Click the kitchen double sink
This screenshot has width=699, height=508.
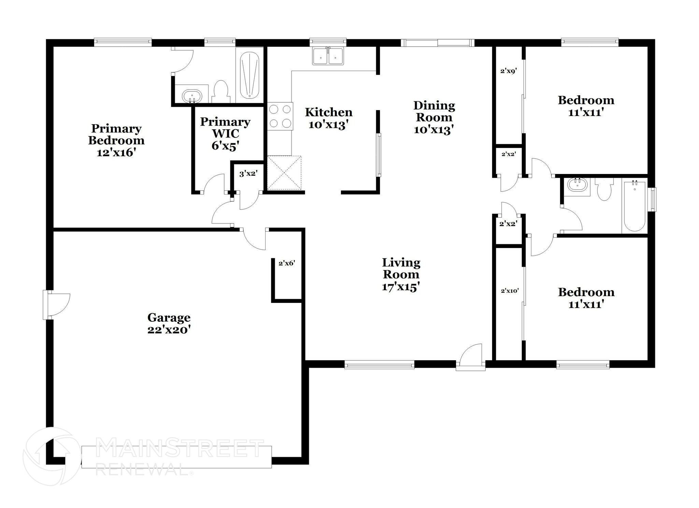pos(328,56)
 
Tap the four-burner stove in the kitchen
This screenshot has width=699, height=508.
pos(280,116)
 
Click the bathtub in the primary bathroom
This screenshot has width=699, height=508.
pos(249,75)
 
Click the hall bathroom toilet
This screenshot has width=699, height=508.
pos(604,190)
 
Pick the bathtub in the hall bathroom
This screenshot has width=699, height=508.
pos(634,206)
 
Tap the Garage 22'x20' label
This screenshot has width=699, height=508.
pos(169,324)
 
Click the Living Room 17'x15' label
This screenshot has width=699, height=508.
pos(401,275)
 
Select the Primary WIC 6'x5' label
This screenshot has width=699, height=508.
pos(225,133)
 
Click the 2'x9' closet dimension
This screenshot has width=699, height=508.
pos(509,71)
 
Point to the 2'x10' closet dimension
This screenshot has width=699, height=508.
pos(510,291)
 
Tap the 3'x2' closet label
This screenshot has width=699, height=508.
pos(248,174)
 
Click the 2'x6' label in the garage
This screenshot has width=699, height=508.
pos(287,263)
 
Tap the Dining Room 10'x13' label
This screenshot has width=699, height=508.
pos(434,118)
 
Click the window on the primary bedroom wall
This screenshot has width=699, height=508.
pos(123,42)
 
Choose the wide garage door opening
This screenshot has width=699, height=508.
pos(176,457)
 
